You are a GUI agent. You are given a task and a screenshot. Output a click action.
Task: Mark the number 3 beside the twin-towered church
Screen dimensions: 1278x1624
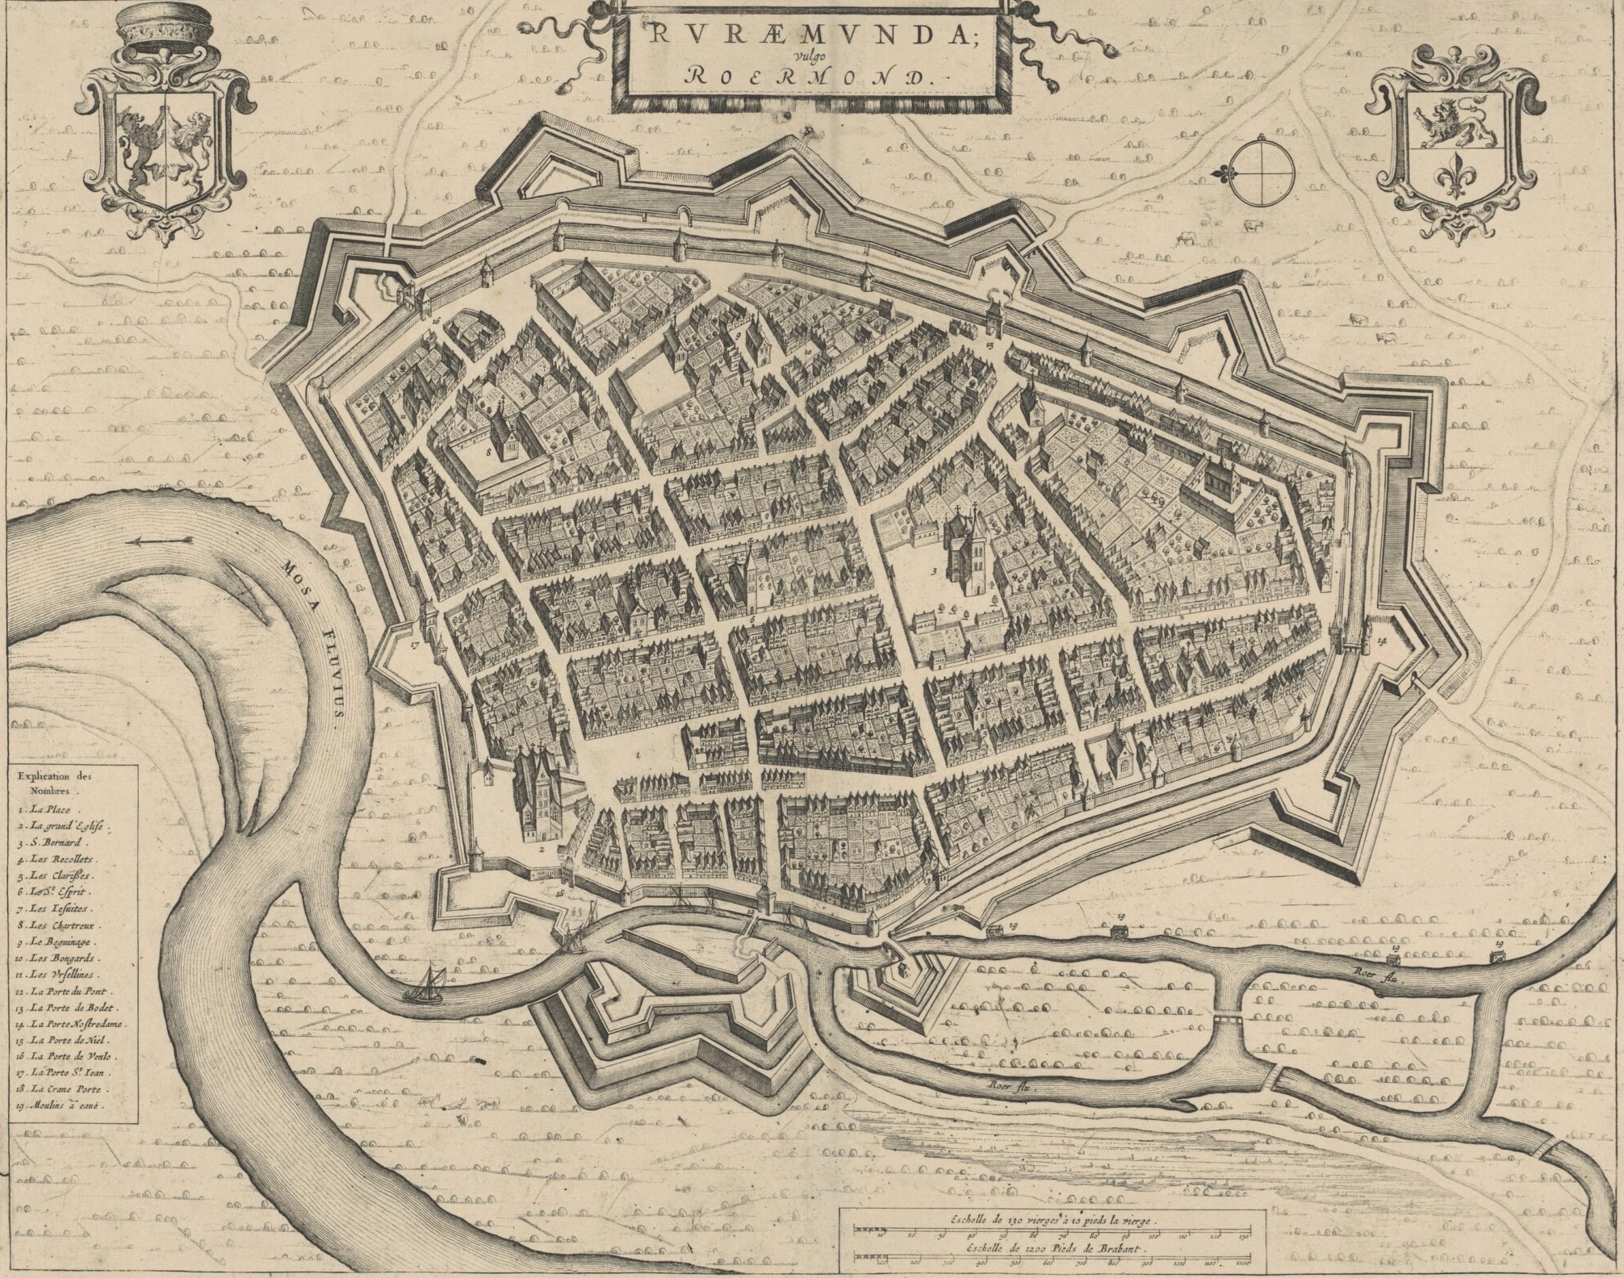coord(934,571)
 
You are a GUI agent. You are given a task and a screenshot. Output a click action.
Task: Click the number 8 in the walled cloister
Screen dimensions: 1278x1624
coord(489,453)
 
